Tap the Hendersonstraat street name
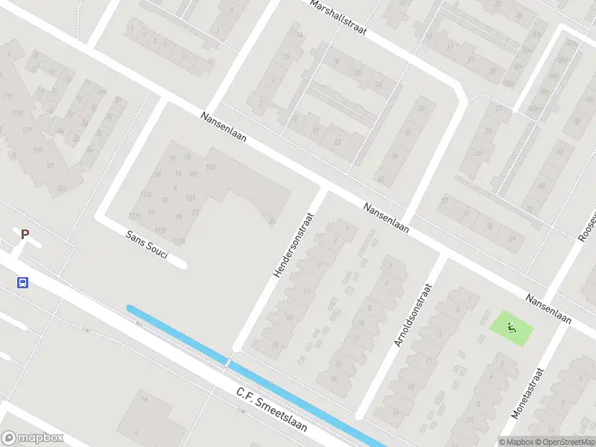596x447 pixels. pos(294,244)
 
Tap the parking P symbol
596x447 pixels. pos(25,235)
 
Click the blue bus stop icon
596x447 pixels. pos(23,282)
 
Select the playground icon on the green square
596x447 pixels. pos(512,327)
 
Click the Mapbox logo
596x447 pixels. pos(33,438)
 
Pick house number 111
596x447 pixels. pos(8,98)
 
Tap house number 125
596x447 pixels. pos(37,150)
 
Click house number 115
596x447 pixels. pos(18,113)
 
